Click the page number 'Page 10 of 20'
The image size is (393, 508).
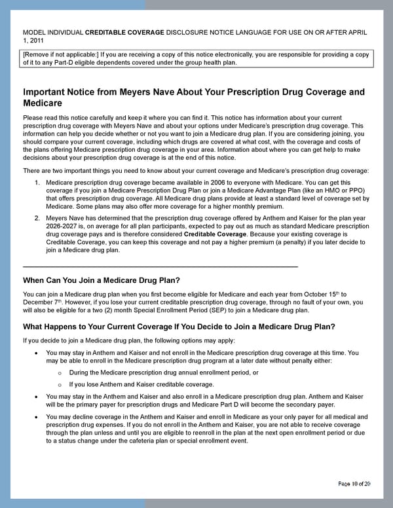(x=354, y=483)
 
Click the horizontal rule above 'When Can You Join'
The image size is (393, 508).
(x=160, y=266)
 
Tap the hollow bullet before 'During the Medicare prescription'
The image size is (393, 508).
(x=60, y=372)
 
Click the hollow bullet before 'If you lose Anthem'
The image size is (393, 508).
(x=60, y=384)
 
